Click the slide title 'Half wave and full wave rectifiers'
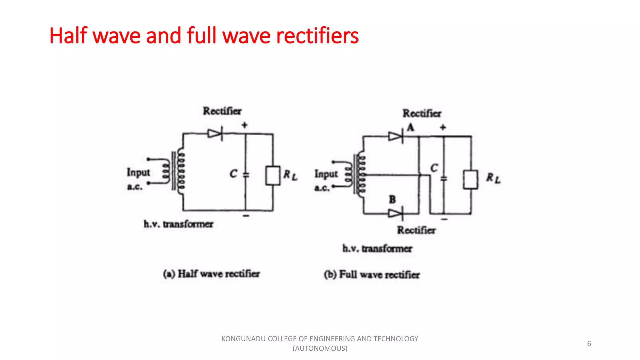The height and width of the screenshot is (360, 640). tap(204, 36)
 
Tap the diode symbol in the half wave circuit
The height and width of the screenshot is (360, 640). tap(215, 134)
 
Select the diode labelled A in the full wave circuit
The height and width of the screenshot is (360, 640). tap(395, 137)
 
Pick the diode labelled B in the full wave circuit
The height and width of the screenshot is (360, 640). tap(395, 213)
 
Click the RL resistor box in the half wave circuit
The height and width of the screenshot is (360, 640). tap(272, 176)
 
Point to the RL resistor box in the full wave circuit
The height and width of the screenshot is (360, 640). tap(470, 179)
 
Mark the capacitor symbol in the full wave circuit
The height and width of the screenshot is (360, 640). tap(444, 179)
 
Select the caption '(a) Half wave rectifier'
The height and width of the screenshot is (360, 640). tap(211, 274)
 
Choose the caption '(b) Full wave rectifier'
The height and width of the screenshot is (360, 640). tap(372, 275)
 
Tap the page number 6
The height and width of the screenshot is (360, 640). tap(589, 343)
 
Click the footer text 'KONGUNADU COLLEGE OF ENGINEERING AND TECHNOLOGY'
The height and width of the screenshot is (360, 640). tap(320, 339)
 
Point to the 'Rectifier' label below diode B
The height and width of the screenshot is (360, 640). tap(416, 230)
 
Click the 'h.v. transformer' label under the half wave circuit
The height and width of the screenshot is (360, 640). tap(178, 224)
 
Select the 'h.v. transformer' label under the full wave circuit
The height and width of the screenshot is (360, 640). tap(377, 249)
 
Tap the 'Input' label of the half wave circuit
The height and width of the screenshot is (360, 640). tap(138, 172)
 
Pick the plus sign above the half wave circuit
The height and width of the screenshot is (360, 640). tap(244, 125)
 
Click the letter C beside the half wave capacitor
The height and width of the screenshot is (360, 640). tap(233, 174)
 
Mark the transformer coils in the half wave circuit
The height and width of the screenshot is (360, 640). tap(175, 171)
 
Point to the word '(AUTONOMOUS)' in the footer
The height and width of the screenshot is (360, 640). tap(320, 348)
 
